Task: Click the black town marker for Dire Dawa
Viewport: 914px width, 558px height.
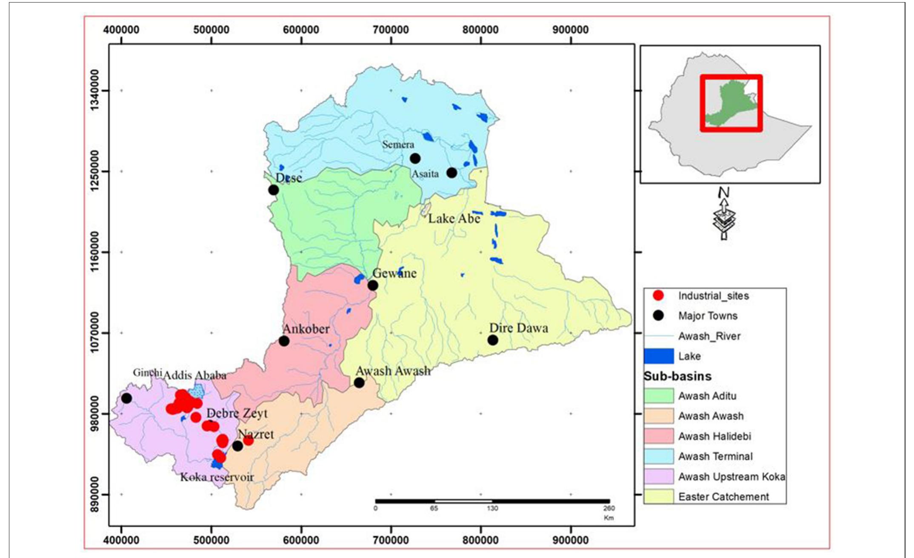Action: tap(493, 340)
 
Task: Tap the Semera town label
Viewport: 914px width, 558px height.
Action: tap(398, 145)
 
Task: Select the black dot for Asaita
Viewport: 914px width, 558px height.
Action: tap(452, 173)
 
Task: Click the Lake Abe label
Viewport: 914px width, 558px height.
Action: tap(454, 219)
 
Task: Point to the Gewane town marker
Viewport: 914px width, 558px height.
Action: tap(373, 285)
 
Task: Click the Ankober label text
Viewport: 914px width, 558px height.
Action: tap(306, 329)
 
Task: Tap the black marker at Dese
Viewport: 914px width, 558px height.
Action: tap(274, 190)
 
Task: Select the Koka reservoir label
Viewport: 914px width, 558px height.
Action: tap(217, 477)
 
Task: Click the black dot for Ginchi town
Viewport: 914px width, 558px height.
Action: tap(126, 399)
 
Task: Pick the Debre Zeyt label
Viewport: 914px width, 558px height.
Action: tap(237, 413)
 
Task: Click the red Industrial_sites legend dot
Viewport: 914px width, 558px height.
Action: tap(659, 296)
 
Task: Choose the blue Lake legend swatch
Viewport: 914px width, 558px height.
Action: tap(659, 356)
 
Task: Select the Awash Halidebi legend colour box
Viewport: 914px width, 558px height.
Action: tap(659, 436)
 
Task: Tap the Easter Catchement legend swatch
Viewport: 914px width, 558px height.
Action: tap(659, 496)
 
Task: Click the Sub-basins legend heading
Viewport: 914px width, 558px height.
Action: tap(677, 376)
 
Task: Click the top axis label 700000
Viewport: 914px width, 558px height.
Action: tap(391, 30)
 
